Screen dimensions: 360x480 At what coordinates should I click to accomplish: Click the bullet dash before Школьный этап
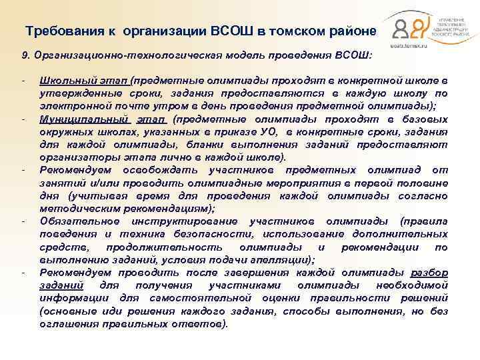pyautogui.click(x=23, y=81)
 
